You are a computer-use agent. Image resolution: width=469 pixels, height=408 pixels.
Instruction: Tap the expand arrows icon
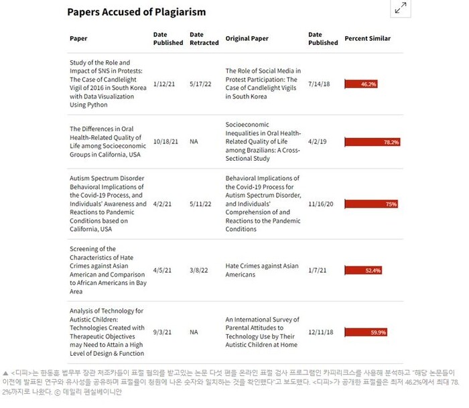point(401,8)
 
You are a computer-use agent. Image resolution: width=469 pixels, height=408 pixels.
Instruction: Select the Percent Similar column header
point(367,38)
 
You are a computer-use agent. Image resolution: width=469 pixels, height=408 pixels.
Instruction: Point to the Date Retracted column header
point(204,38)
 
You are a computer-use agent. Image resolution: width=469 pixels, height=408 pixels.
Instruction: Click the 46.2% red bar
point(361,84)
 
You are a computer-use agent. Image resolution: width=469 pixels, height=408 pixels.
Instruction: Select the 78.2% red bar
point(372,142)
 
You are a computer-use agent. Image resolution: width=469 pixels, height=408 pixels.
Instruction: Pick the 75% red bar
point(371,204)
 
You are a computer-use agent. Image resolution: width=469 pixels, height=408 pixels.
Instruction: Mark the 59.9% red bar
point(366,332)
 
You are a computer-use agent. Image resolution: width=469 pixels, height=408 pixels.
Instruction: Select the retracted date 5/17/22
point(200,84)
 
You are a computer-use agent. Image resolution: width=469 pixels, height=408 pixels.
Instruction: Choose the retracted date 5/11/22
point(200,204)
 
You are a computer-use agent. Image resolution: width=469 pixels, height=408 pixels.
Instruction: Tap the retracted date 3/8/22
point(199,270)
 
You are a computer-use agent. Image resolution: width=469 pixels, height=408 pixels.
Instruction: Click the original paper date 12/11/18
point(320,332)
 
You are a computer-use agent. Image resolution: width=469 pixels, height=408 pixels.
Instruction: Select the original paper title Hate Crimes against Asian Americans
point(262,270)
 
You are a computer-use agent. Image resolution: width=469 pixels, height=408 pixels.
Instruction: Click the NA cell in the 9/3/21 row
point(194,332)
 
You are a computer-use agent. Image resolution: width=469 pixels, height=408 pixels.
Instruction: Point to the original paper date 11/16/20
point(320,204)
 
